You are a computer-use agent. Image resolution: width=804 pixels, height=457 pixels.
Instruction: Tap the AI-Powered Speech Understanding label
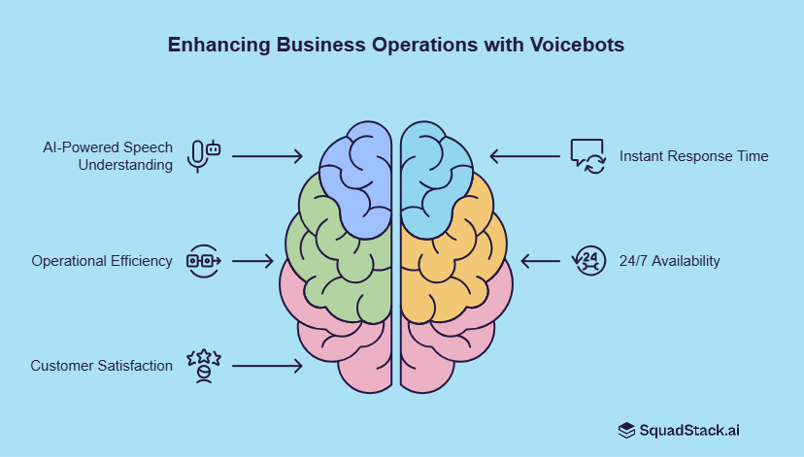pyautogui.click(x=108, y=156)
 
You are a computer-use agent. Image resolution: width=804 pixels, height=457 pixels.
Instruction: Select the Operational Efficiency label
pyautogui.click(x=102, y=261)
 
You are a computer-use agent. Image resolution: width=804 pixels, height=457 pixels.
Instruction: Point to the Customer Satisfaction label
pyautogui.click(x=102, y=366)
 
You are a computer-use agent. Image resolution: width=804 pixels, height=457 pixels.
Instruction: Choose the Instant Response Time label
pyautogui.click(x=693, y=156)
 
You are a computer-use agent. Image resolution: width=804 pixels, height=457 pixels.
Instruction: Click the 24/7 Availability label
pyautogui.click(x=670, y=261)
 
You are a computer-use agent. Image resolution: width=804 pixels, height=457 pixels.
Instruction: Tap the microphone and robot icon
pyautogui.click(x=205, y=155)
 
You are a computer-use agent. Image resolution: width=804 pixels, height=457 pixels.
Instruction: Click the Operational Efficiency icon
pyautogui.click(x=203, y=261)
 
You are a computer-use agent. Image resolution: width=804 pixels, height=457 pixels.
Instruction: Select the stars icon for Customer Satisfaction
pyautogui.click(x=204, y=366)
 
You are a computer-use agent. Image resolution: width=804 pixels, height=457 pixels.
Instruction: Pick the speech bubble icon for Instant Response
pyautogui.click(x=587, y=156)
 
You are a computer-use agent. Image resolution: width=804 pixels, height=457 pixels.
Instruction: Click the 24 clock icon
pyautogui.click(x=587, y=260)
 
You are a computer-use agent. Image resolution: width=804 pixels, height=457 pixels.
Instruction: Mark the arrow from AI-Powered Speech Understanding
pyautogui.click(x=267, y=155)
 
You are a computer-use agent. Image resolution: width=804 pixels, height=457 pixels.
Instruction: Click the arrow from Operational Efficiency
pyautogui.click(x=253, y=261)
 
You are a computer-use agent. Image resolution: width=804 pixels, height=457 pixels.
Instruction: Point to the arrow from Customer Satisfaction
pyautogui.click(x=267, y=366)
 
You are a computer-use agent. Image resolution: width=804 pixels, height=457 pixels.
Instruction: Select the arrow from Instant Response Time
pyautogui.click(x=525, y=155)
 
